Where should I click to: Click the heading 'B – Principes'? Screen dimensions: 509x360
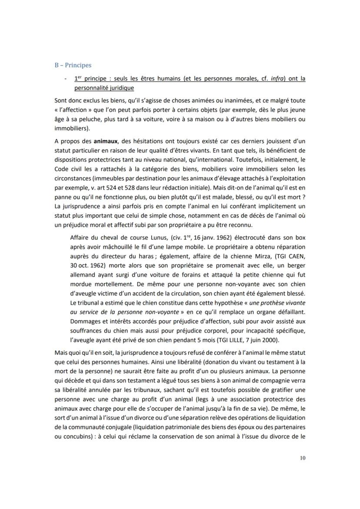click(x=73, y=65)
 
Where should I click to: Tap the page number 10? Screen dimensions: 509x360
click(x=302, y=457)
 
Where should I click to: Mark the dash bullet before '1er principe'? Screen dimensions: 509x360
click(x=65, y=79)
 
